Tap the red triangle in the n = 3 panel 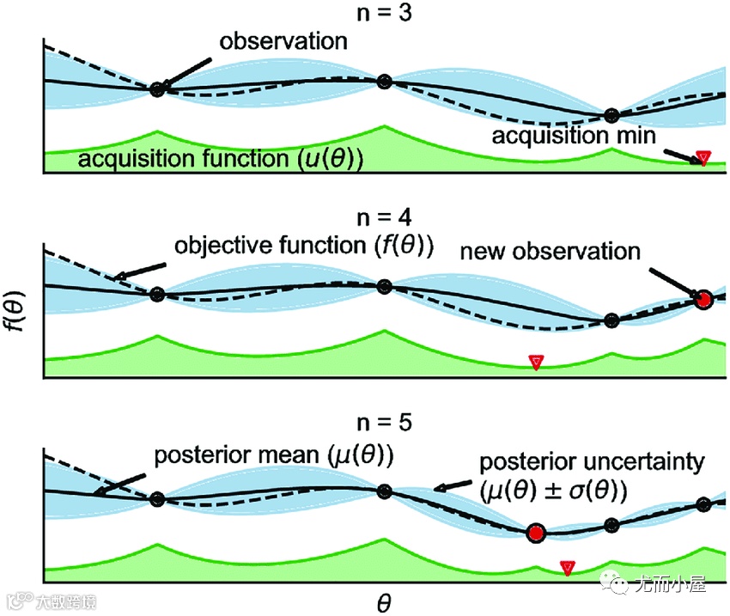[x=703, y=157]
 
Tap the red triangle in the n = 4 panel [x=536, y=362]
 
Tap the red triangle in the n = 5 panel [x=567, y=567]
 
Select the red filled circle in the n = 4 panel [x=704, y=300]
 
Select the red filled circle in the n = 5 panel [x=537, y=533]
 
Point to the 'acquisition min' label [x=574, y=135]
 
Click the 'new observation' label [x=551, y=252]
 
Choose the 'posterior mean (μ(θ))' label [x=273, y=454]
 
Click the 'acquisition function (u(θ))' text [x=220, y=159]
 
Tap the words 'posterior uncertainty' [x=590, y=463]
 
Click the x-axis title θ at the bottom [x=384, y=602]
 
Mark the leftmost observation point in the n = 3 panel [x=156, y=88]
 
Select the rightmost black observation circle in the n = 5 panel [x=703, y=504]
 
